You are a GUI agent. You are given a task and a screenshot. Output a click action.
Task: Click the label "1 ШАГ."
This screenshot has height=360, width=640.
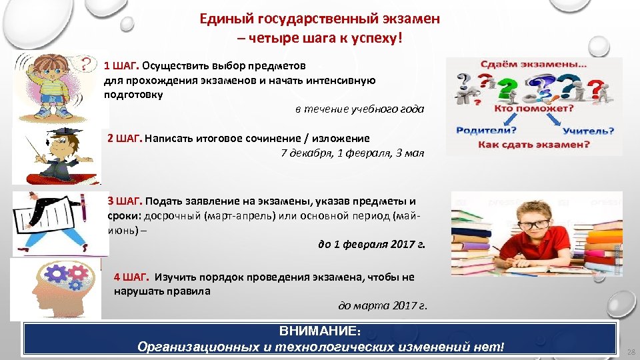(121, 66)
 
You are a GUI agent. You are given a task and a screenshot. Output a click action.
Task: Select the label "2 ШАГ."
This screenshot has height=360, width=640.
(125, 139)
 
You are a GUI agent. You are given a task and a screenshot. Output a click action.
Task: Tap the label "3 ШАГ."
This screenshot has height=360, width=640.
(125, 201)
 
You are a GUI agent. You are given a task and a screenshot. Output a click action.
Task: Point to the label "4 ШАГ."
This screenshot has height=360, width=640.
(131, 277)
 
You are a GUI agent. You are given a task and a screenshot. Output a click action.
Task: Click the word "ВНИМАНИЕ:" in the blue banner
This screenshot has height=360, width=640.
(320, 331)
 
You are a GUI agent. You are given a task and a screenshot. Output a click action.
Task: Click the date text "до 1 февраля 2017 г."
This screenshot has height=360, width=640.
(371, 244)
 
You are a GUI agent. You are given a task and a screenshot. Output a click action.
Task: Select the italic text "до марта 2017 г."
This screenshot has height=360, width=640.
(383, 306)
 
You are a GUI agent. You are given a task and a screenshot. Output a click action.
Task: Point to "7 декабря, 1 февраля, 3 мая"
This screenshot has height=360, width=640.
(352, 153)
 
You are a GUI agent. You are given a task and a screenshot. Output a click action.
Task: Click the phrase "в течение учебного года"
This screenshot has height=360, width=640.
(359, 109)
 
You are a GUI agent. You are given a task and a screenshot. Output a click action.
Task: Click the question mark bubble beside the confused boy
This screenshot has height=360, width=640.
(85, 65)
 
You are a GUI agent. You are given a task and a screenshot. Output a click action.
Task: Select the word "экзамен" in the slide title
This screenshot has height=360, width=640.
(407, 19)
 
